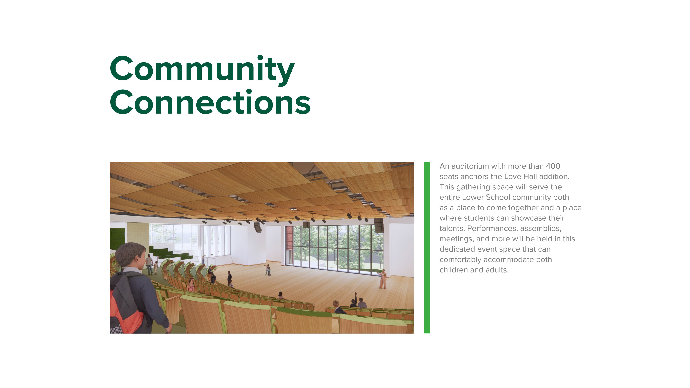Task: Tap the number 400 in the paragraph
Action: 553,166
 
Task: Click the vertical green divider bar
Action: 427,248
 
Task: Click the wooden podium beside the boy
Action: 173,308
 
